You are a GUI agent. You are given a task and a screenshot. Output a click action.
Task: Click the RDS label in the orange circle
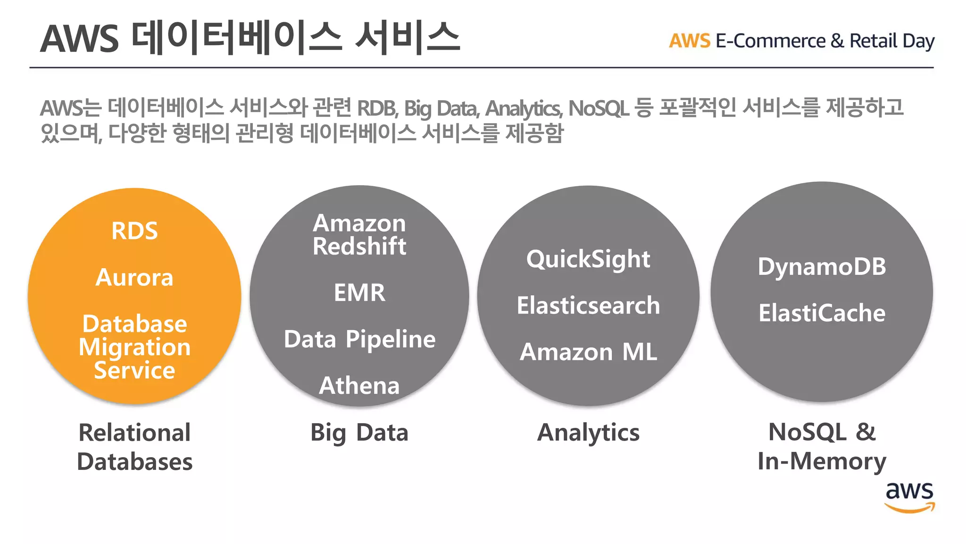(134, 231)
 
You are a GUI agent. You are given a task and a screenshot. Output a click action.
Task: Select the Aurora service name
(134, 278)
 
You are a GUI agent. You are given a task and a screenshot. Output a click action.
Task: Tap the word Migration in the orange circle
(134, 347)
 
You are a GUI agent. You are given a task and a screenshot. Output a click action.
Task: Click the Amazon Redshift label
(359, 235)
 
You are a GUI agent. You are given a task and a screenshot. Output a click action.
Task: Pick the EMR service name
(359, 293)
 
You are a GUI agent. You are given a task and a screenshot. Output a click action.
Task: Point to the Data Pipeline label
(359, 339)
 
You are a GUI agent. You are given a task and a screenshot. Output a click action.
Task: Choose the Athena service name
(359, 385)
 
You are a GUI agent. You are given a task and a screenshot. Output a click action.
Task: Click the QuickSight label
(588, 259)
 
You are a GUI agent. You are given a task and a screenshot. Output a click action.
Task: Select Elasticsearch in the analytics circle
(588, 306)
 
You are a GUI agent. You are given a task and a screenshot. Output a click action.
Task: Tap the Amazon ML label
(588, 352)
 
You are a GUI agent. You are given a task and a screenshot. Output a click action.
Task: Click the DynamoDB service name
(822, 267)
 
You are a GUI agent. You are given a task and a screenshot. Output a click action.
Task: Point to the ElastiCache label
(822, 313)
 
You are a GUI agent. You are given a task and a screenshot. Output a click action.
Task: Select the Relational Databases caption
(134, 447)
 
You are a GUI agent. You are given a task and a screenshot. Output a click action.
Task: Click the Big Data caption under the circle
(359, 433)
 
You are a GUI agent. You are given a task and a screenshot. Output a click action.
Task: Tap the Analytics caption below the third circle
(588, 433)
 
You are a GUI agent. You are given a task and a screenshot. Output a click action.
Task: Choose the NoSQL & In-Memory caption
(822, 447)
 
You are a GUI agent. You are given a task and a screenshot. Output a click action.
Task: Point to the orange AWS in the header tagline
(689, 41)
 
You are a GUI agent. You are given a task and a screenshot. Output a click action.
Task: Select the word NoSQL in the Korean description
(598, 109)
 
